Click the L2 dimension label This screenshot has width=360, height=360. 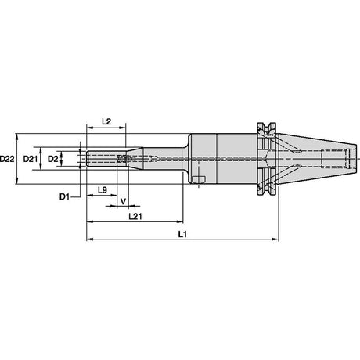coord(106,121)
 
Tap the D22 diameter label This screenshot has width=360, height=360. coord(7,159)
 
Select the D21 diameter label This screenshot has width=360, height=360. coord(31,159)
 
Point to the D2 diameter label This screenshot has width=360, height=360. coord(53,159)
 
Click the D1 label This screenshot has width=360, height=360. coord(65,196)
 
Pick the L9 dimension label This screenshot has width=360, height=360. coord(103,190)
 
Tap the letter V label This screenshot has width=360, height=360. coord(124,201)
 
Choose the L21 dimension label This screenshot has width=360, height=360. coord(135,216)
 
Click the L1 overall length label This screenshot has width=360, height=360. coord(182,234)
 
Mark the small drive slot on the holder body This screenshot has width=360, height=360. coord(199,179)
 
